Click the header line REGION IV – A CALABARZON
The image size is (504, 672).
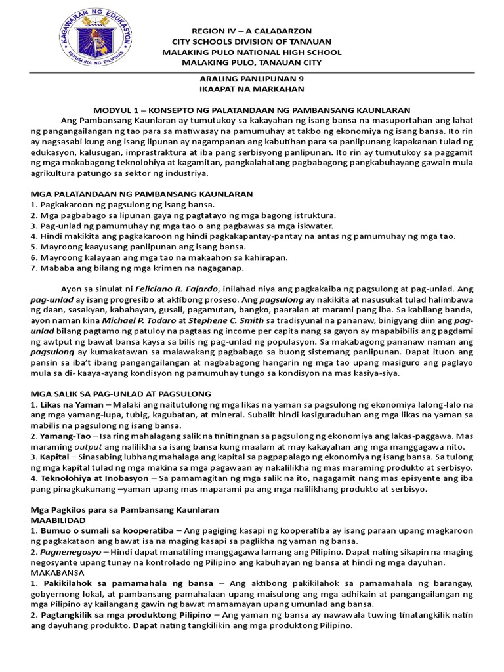(x=251, y=31)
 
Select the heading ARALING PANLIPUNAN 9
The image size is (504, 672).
(x=251, y=77)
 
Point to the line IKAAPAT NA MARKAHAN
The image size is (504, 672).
(x=251, y=88)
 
